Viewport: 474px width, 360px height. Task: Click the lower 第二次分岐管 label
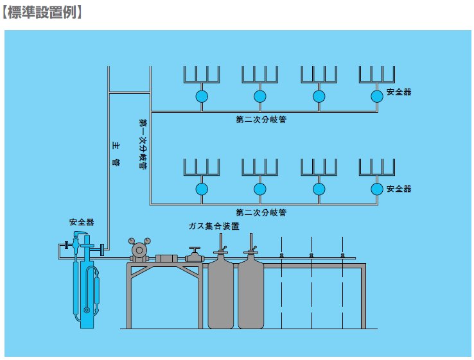coord(261,212)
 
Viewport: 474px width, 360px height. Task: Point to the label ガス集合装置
coord(214,227)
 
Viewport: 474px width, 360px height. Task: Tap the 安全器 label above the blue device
coord(82,223)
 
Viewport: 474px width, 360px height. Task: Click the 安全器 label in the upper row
coord(399,92)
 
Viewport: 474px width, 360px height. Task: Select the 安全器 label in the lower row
coord(399,189)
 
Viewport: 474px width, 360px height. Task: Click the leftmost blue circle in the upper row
coord(202,96)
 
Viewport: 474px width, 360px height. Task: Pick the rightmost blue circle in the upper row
coord(377,96)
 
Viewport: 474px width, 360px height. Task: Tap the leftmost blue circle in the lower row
coord(202,189)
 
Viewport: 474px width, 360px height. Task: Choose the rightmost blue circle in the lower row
coord(377,189)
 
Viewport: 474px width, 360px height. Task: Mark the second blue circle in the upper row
coord(259,96)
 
